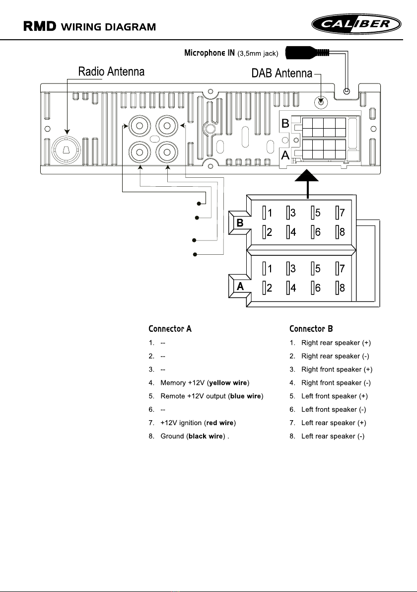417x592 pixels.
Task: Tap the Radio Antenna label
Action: coord(111,72)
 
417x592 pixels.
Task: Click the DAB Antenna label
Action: coord(281,74)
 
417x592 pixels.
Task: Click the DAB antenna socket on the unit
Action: coord(321,101)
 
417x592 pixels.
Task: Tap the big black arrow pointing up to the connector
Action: coord(308,179)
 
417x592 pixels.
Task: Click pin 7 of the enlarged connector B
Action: coord(340,213)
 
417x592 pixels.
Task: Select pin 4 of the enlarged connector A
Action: coord(291,288)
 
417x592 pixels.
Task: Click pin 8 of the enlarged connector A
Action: coord(340,288)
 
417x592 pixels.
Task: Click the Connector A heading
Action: coord(170,329)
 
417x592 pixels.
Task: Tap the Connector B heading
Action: coord(311,329)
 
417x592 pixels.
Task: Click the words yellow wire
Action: coord(228,383)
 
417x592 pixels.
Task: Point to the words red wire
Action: coord(220,423)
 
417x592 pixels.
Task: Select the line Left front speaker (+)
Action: coord(335,396)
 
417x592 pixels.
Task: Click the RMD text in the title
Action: coord(40,26)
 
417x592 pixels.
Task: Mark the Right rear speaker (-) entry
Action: coord(335,356)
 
